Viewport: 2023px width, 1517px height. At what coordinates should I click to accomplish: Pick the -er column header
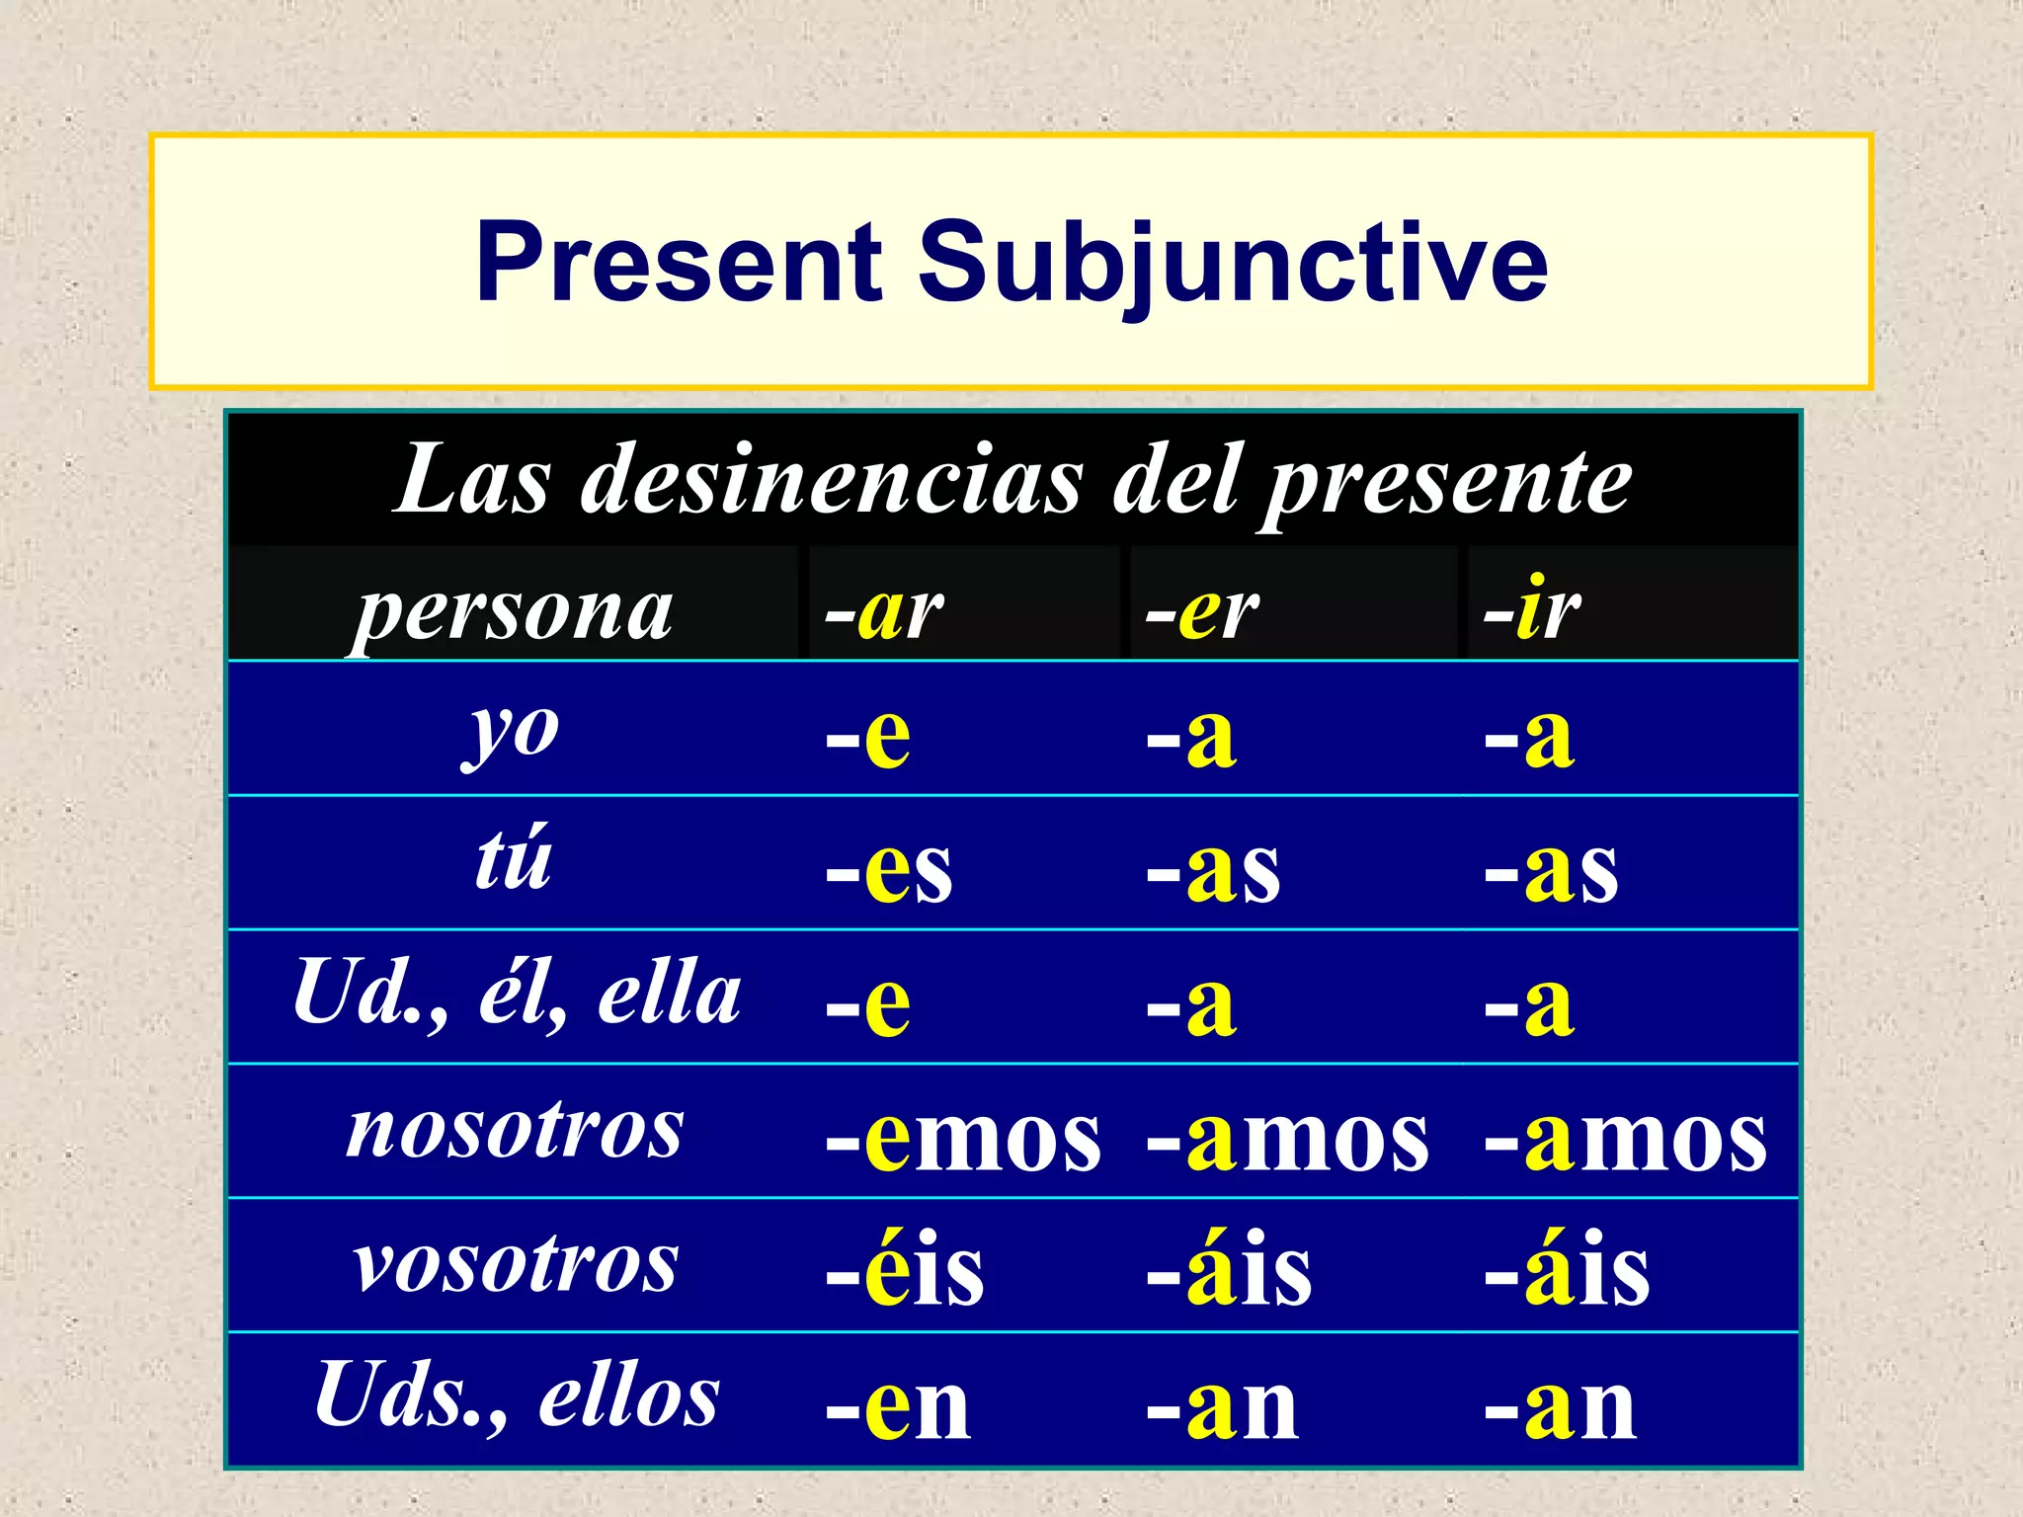[x=1202, y=611]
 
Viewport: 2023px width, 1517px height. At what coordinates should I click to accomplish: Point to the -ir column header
[x=1532, y=611]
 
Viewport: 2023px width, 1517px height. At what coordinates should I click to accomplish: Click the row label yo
[x=513, y=733]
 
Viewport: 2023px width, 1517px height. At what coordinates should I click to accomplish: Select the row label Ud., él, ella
[x=517, y=994]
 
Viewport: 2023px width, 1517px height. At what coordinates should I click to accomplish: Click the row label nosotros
[x=515, y=1130]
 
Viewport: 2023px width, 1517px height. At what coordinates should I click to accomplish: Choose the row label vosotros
[x=517, y=1264]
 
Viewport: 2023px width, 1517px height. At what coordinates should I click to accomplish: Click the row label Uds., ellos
[x=517, y=1397]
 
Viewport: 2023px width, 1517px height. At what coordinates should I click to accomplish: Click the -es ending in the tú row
[x=889, y=871]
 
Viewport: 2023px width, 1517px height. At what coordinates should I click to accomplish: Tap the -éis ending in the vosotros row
[x=905, y=1270]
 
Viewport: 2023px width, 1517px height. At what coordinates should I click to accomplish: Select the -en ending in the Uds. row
[x=898, y=1406]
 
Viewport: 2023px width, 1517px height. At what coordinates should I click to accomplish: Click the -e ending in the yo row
[x=868, y=738]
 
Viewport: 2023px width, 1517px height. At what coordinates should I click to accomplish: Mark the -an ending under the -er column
[x=1223, y=1406]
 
